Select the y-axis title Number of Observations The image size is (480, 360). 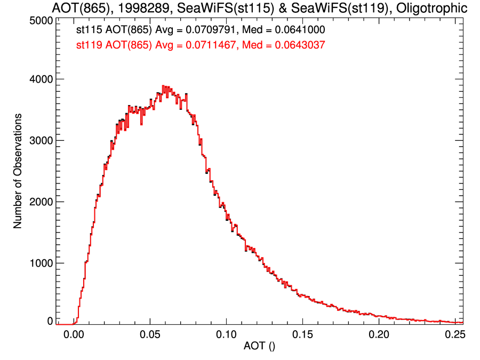click(x=18, y=171)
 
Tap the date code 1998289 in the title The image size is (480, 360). click(x=140, y=9)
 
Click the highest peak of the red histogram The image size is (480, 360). click(x=164, y=86)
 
